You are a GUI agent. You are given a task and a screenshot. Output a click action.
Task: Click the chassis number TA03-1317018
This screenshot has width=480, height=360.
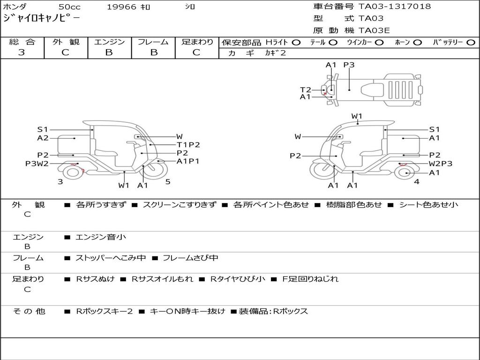point(395,7)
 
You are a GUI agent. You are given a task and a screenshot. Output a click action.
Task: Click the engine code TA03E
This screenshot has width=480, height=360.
point(374,30)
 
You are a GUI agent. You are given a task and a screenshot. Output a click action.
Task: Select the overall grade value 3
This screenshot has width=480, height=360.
point(22,52)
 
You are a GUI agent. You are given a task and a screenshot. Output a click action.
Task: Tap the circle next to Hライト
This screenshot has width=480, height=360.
point(296,43)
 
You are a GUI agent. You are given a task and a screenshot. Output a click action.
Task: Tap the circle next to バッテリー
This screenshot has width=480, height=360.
point(471,43)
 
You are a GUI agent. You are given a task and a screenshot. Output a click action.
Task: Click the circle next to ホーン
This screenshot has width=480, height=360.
point(418,43)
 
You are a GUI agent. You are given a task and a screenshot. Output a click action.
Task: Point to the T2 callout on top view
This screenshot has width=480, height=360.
point(305,90)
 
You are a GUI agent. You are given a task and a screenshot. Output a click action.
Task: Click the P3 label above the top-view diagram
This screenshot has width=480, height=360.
point(349,65)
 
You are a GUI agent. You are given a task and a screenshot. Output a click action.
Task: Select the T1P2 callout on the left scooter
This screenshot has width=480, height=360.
point(188,145)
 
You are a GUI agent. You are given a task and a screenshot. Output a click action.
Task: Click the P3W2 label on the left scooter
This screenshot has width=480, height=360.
point(37,164)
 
